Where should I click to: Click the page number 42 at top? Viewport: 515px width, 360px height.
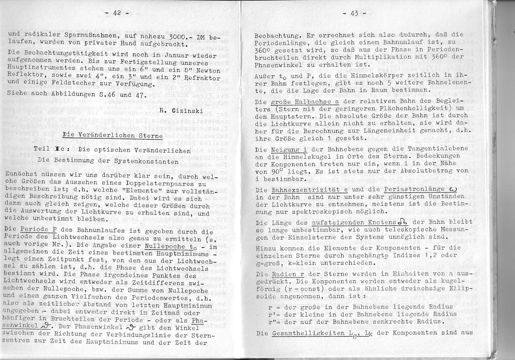point(117,13)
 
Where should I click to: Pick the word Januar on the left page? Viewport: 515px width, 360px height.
point(170,56)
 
